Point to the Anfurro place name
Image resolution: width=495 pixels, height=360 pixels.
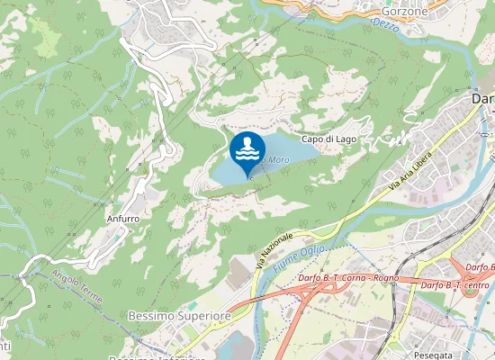tap(122, 217)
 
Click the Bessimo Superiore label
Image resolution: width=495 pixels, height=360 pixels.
tap(180, 317)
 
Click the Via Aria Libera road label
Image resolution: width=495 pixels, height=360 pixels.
tap(410, 171)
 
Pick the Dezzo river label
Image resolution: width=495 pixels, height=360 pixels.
tap(383, 21)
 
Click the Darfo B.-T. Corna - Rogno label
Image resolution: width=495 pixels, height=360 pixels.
tap(346, 277)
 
